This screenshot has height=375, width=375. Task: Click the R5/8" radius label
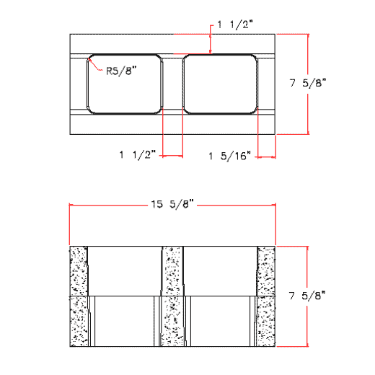(120, 71)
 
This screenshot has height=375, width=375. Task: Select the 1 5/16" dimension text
(229, 155)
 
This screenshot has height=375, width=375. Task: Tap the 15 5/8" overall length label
(172, 205)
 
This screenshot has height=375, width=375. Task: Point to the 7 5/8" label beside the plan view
(308, 84)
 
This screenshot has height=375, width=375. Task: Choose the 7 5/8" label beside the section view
(308, 295)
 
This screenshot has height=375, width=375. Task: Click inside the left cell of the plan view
(124, 84)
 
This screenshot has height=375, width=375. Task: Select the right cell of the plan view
(220, 84)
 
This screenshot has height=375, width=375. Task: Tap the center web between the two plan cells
(172, 84)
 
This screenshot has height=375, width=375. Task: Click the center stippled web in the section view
(172, 296)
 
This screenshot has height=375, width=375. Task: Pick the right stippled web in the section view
(267, 296)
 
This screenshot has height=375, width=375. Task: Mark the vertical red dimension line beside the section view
(308, 325)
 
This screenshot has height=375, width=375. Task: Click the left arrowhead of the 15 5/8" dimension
(71, 206)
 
